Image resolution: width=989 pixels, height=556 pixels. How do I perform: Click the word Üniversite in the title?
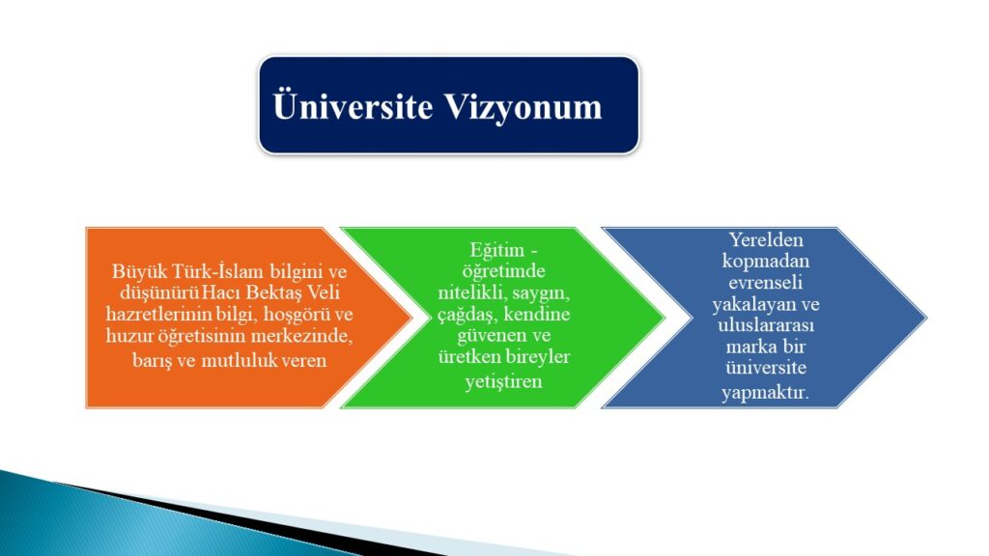[353, 106]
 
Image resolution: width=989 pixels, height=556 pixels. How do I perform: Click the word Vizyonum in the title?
[523, 107]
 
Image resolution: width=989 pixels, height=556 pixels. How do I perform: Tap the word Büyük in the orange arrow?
[131, 271]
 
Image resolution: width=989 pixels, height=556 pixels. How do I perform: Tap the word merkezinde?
[302, 335]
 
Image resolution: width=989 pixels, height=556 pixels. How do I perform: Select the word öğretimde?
[504, 271]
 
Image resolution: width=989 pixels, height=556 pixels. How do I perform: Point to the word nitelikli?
[472, 293]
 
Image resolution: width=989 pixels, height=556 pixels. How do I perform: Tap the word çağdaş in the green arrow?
[467, 315]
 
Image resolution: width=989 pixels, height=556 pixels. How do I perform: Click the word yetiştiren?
[504, 381]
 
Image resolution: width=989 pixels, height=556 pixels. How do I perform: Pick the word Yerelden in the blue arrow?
[766, 240]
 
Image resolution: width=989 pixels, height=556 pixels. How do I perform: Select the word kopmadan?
[766, 262]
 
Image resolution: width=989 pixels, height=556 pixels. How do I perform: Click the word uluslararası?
[766, 325]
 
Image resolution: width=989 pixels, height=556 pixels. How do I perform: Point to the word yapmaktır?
[766, 393]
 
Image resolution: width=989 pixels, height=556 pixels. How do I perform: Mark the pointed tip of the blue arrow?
[926, 318]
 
